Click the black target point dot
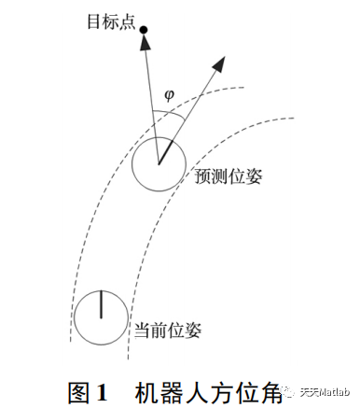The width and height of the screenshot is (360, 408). click(x=144, y=32)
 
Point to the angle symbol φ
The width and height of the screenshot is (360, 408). click(x=169, y=94)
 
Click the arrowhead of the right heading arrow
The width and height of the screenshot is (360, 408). click(x=220, y=63)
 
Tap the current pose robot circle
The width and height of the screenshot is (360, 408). click(x=98, y=317)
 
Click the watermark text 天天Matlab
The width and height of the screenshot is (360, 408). click(x=326, y=392)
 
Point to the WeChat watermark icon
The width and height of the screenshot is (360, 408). click(x=298, y=392)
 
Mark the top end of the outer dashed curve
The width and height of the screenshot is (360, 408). click(x=244, y=87)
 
